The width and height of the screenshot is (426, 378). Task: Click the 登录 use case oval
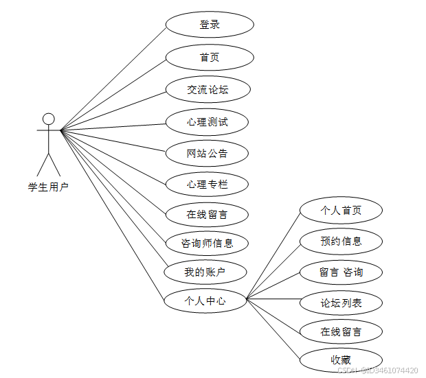tap(210, 25)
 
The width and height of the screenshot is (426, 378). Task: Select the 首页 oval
tap(210, 57)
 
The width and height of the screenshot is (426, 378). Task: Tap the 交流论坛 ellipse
tap(208, 89)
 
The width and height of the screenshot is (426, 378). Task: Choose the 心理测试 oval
tap(207, 122)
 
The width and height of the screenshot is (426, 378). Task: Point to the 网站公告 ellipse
tap(207, 153)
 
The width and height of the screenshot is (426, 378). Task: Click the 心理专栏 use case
tap(207, 184)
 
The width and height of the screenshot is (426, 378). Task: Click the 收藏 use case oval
tap(341, 359)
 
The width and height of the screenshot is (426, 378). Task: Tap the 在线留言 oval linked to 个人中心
tap(341, 332)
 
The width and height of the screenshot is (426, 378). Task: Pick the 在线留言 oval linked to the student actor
tap(207, 214)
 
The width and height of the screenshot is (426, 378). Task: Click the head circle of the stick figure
tap(48, 119)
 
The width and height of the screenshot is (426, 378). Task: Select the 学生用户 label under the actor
tap(48, 187)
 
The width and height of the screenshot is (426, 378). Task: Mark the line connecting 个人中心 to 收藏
tap(273, 330)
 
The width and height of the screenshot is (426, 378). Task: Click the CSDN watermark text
tap(377, 370)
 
